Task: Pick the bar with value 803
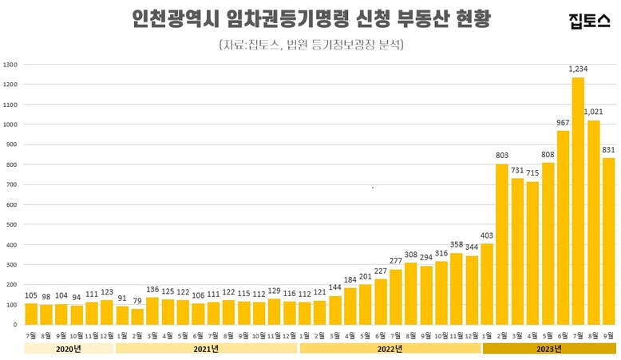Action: (x=502, y=244)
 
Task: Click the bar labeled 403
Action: (x=487, y=284)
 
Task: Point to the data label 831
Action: (x=608, y=150)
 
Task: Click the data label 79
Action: (x=137, y=301)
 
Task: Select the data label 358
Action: (x=456, y=245)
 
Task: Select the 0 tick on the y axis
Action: (x=14, y=325)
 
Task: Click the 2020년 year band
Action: (x=68, y=348)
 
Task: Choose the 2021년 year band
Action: (x=206, y=348)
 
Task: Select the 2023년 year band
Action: (x=548, y=348)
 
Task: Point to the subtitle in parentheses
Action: (x=310, y=45)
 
